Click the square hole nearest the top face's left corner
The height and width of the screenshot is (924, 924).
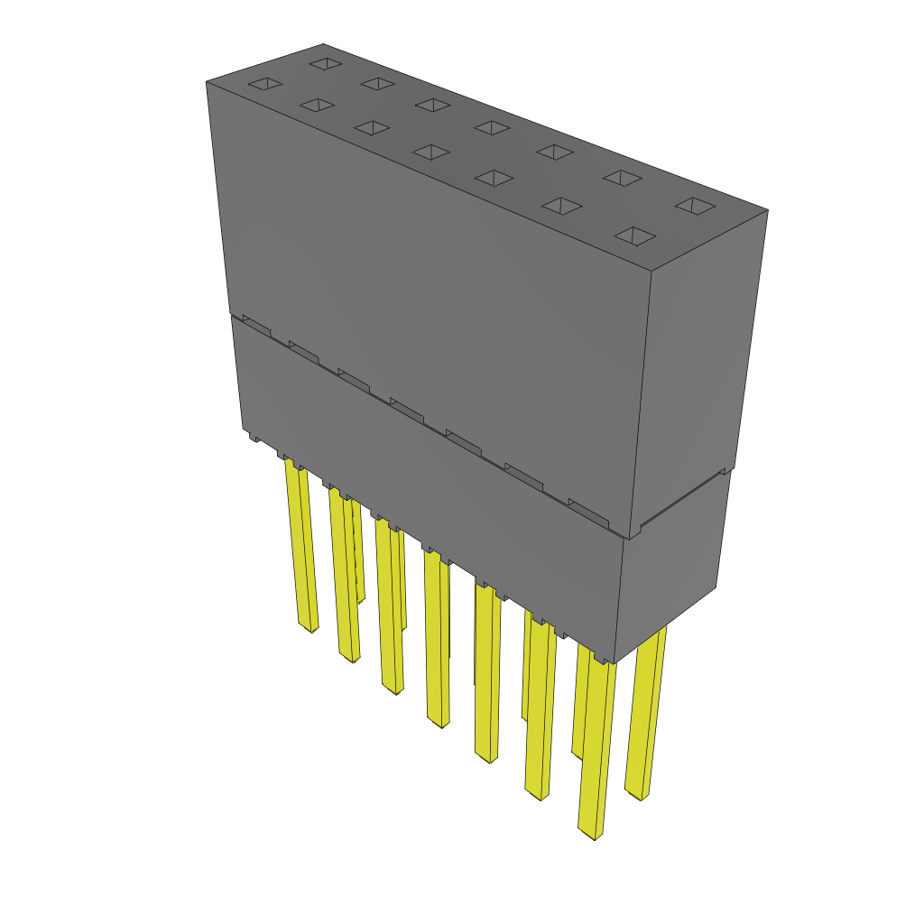266,84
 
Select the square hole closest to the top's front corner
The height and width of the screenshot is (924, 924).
636,236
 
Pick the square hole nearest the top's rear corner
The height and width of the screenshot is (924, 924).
325,64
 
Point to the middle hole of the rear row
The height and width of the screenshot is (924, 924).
492,127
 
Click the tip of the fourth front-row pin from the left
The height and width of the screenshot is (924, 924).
439,723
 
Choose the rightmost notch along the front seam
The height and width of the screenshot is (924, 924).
587,511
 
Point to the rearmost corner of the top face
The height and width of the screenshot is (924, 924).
323,43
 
